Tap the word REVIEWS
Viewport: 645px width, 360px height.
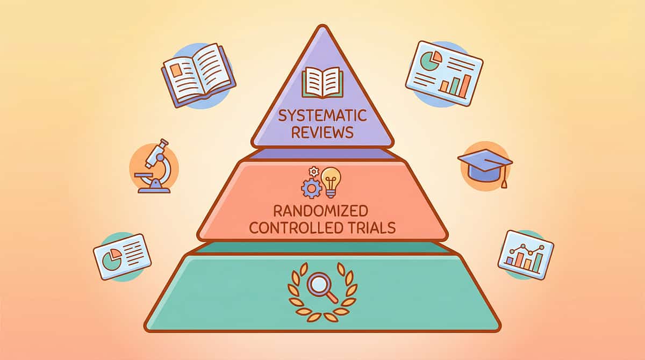click(x=322, y=132)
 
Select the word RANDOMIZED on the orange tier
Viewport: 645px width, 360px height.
click(x=322, y=209)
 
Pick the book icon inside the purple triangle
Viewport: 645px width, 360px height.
click(x=322, y=82)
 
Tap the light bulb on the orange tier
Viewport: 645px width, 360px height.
click(x=331, y=179)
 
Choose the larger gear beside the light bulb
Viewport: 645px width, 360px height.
click(x=312, y=188)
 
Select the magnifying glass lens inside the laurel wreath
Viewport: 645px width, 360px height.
click(x=318, y=283)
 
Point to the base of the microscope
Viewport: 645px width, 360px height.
click(x=154, y=188)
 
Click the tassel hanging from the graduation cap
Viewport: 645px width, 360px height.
click(x=504, y=182)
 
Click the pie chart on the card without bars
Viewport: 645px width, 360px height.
click(x=112, y=260)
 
